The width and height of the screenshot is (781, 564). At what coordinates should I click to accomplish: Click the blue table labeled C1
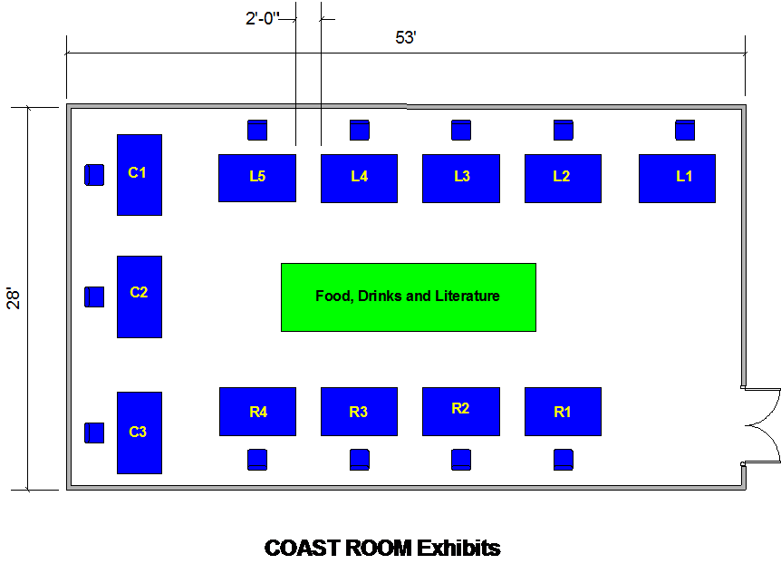tap(139, 175)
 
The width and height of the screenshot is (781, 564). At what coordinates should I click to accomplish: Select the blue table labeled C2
tap(139, 297)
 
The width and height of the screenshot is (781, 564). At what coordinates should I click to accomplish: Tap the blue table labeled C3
tap(139, 433)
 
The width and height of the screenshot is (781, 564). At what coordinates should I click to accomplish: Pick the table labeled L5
tap(256, 178)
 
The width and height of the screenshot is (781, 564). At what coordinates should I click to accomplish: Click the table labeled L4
tap(359, 179)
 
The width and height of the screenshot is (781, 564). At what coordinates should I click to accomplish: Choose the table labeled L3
tap(461, 179)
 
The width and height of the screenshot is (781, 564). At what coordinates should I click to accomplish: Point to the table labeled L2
tap(563, 179)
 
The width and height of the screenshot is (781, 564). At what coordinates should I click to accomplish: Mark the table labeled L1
tap(677, 179)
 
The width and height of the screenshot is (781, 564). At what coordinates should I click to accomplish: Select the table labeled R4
tap(257, 412)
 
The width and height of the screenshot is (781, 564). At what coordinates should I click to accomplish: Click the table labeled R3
tap(359, 412)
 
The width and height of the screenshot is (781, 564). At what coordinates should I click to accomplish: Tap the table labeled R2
tap(461, 412)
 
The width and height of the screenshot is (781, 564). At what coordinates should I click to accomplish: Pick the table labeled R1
tap(563, 412)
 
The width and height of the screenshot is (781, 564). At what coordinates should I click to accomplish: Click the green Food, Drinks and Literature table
tap(409, 297)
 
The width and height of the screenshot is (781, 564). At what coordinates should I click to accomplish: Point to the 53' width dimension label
tap(406, 37)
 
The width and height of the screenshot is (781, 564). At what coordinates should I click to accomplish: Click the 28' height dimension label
tap(13, 298)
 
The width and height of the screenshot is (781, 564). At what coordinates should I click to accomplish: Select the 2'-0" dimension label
tap(261, 18)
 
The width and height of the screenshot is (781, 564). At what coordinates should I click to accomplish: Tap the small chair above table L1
tap(685, 131)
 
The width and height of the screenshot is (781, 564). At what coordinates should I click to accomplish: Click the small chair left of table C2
tap(94, 297)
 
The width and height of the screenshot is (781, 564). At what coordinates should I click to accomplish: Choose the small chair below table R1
tap(563, 459)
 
